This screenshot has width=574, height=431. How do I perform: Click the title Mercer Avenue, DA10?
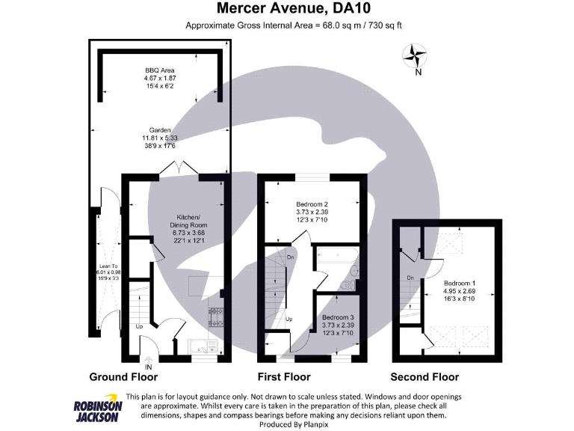(294, 10)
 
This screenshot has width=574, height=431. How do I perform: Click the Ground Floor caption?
(123, 376)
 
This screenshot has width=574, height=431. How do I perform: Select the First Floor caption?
(284, 376)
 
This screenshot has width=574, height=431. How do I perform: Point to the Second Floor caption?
(425, 376)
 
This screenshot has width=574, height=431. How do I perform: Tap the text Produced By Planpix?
(287, 424)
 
